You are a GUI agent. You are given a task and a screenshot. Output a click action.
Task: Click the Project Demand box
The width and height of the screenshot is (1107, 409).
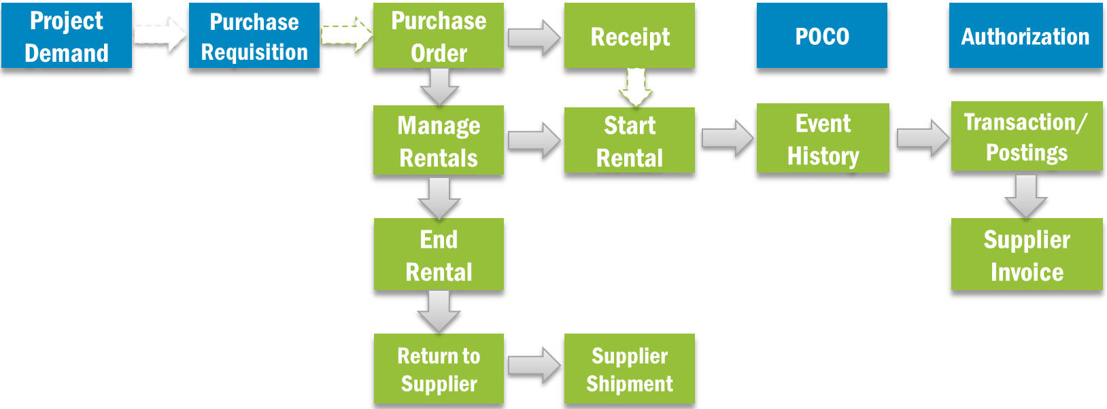coord(67,35)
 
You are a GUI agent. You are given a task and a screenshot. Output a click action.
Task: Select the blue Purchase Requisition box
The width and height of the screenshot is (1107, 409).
coord(254,35)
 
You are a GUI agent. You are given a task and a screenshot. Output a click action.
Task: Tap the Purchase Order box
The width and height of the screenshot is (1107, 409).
coord(439,35)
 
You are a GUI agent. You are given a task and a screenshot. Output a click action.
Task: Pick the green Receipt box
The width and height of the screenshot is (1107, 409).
coord(630,35)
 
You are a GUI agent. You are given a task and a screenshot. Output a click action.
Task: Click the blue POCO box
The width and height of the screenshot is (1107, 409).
coord(821,35)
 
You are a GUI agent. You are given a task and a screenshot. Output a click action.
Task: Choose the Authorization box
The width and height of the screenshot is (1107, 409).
coord(1025,35)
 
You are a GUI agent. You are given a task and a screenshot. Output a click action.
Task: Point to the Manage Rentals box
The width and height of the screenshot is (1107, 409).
coord(439,141)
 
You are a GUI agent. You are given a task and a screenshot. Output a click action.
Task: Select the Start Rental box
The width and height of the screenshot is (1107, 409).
coord(630,141)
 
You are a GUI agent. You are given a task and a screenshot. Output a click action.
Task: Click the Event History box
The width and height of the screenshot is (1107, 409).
coord(823,139)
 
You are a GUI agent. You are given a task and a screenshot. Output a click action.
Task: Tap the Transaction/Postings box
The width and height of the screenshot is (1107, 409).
coord(1026,137)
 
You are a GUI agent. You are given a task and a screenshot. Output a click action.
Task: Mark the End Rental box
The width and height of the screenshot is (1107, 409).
coord(439,255)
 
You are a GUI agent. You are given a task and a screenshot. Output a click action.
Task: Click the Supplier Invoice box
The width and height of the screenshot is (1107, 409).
coord(1027,255)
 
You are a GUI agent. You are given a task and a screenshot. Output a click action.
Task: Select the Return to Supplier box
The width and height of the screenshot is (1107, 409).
coord(439,369)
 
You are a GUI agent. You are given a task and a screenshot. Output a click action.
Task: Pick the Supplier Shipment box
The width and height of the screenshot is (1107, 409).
coord(630,369)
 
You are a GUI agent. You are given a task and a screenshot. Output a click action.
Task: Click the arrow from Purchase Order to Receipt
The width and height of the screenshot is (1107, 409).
coord(534,37)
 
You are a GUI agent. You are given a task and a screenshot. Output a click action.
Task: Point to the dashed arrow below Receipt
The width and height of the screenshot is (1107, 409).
coord(636,87)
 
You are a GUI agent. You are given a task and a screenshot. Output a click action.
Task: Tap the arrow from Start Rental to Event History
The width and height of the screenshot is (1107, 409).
coord(727,138)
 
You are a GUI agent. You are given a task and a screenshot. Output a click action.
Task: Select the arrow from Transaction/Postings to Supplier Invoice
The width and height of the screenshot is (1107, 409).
coord(1025,196)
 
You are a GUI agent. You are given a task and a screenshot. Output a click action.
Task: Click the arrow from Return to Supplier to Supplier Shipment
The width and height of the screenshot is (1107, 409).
coord(534,366)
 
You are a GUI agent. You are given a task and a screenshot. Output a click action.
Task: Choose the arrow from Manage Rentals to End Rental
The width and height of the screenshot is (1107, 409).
coord(439,198)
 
